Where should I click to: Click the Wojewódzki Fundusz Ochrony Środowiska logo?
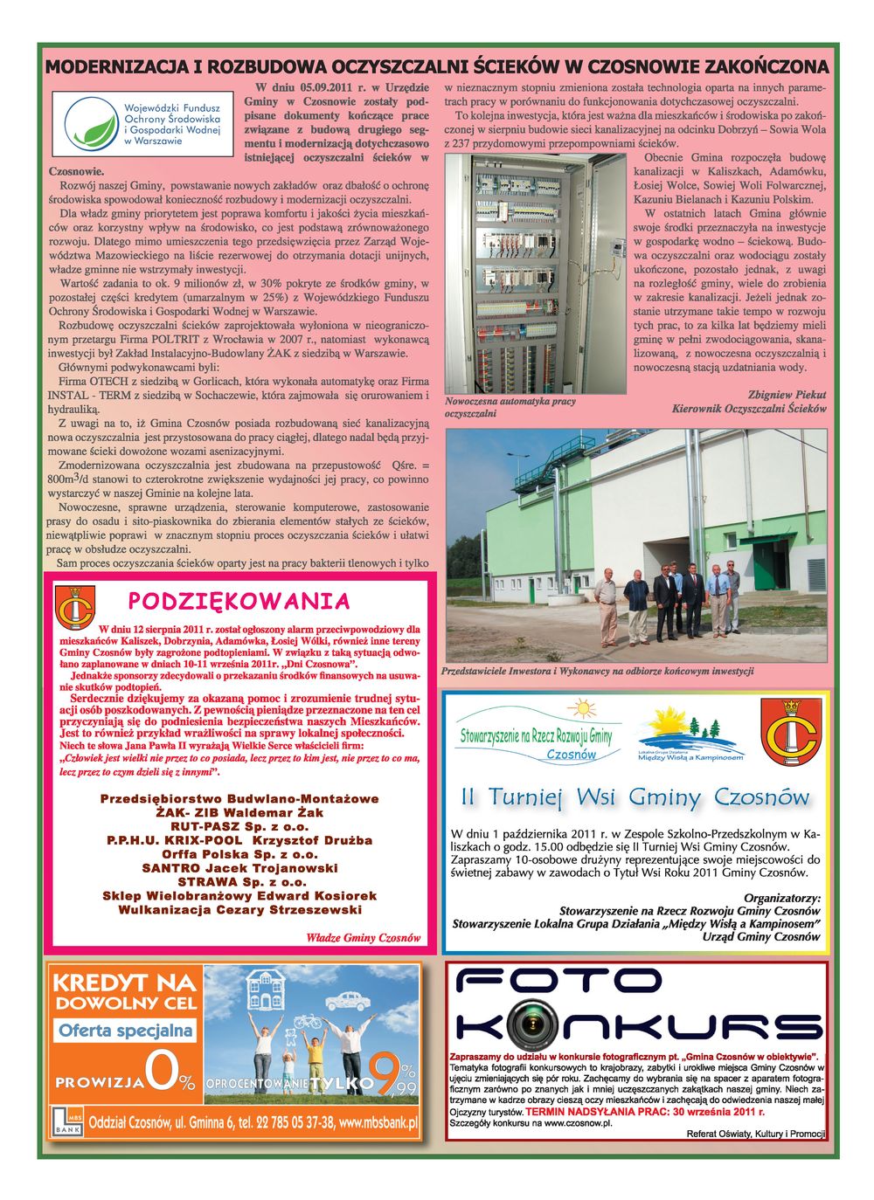point(142,124)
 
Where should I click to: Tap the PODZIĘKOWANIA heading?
point(239,601)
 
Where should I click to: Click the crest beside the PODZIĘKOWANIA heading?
point(74,607)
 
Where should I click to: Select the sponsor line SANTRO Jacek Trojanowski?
point(239,868)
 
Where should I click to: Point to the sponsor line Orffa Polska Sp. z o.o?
point(239,854)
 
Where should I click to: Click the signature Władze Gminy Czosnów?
point(363,938)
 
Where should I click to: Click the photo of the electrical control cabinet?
point(535,273)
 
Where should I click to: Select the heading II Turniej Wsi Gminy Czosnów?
point(635,797)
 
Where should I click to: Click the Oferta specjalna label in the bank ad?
point(126,1031)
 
